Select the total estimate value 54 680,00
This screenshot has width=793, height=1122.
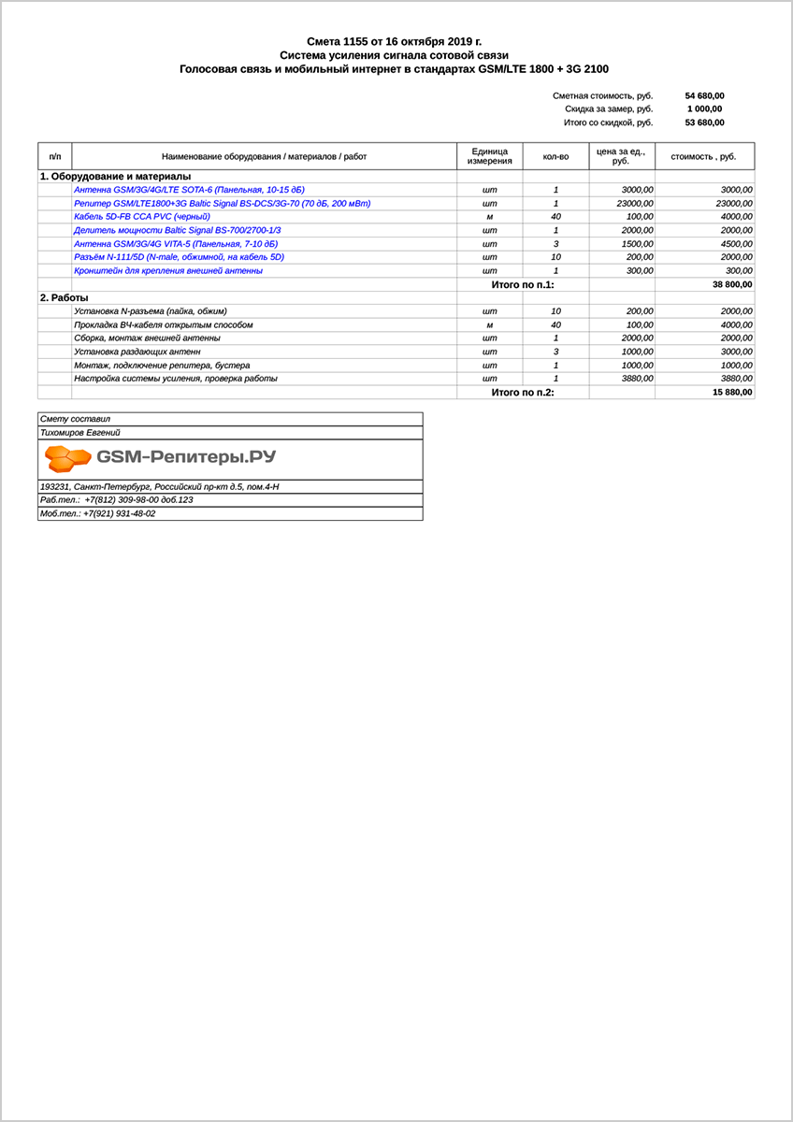[704, 95]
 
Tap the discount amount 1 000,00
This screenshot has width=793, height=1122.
[704, 108]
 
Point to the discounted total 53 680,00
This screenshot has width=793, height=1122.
[704, 122]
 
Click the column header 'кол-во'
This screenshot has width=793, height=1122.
[555, 156]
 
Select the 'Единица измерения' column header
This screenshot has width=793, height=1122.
[489, 156]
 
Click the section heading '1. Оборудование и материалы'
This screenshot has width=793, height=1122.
[115, 176]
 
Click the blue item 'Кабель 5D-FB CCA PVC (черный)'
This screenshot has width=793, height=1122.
[148, 216]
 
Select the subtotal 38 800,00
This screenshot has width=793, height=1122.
[732, 284]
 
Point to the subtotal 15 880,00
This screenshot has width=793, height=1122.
[732, 393]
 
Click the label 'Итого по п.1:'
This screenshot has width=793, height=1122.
[523, 284]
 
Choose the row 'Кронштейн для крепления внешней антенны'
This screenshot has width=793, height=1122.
[168, 270]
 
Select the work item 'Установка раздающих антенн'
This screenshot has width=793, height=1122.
[137, 352]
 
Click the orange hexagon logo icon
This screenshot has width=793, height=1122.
[68, 458]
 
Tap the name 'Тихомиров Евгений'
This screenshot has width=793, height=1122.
[80, 433]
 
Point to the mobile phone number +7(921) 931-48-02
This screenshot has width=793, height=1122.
[119, 513]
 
